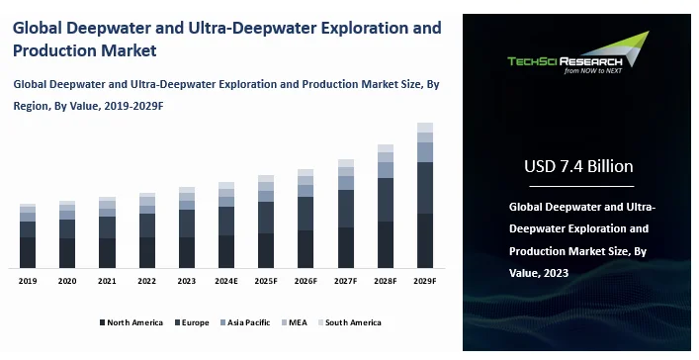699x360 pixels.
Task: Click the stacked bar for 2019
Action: (x=28, y=236)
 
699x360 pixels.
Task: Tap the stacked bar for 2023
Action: (x=187, y=227)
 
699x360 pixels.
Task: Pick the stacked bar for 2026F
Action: (x=306, y=219)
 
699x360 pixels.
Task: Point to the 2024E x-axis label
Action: (x=226, y=281)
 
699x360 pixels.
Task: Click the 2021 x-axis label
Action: (x=107, y=281)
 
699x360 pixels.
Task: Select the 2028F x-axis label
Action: (x=386, y=281)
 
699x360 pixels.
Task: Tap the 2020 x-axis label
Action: (x=67, y=281)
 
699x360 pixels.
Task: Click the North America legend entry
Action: (x=131, y=322)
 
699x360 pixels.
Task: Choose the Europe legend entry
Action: (x=192, y=322)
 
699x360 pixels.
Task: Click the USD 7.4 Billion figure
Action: (x=579, y=165)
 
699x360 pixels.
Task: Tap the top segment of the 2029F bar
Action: (x=425, y=127)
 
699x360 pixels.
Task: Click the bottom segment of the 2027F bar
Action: (x=346, y=247)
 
